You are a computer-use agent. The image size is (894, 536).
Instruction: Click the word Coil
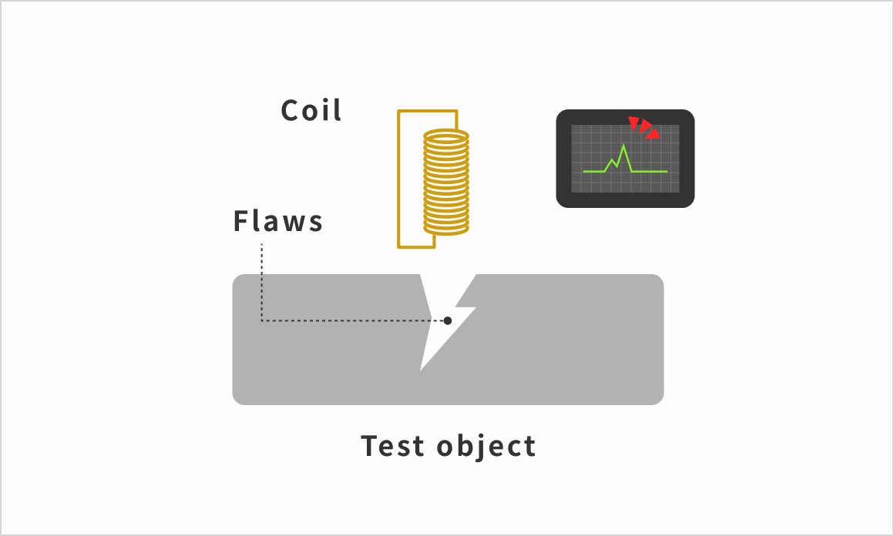[311, 110]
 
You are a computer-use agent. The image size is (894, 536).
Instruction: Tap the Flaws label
[277, 221]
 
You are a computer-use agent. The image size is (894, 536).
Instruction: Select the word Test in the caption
[392, 445]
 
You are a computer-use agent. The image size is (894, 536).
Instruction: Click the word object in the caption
[486, 447]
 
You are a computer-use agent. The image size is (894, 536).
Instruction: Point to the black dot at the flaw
[448, 320]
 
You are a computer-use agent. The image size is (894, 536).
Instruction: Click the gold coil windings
[446, 183]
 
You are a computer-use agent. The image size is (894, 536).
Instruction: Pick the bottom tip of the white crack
[420, 371]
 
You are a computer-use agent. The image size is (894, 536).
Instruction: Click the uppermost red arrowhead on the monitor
[634, 122]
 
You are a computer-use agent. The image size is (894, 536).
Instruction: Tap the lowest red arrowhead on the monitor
[654, 134]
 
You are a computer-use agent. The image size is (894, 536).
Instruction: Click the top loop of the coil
[446, 137]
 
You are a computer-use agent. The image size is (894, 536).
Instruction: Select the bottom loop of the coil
[446, 229]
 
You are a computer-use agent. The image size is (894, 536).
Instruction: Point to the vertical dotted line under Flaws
[262, 282]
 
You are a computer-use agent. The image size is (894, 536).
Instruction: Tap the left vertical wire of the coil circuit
[399, 179]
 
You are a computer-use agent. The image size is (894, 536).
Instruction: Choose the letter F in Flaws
[241, 221]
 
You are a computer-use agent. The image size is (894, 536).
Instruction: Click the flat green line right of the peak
[650, 171]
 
